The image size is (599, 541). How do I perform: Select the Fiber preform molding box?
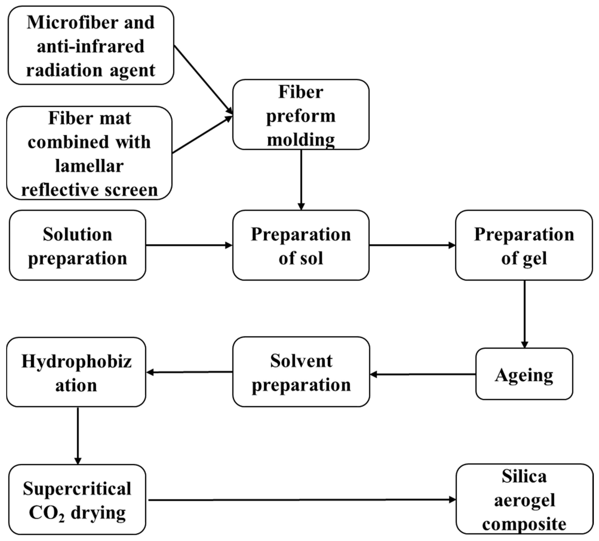point(301,115)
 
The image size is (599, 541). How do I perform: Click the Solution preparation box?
point(77,245)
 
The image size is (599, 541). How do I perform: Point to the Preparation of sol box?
point(301,245)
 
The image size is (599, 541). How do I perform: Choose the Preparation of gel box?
point(524,245)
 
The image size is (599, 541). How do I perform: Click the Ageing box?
point(524,374)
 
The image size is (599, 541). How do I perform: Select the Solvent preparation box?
point(301,372)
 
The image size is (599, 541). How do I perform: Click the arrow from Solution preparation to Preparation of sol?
point(189,245)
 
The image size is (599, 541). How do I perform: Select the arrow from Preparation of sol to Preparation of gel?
point(412,245)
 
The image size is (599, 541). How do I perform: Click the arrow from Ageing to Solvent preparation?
point(423,375)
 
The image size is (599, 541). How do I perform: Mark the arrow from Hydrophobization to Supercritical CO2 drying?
point(78,435)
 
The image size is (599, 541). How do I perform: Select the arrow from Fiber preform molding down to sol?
point(301,180)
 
